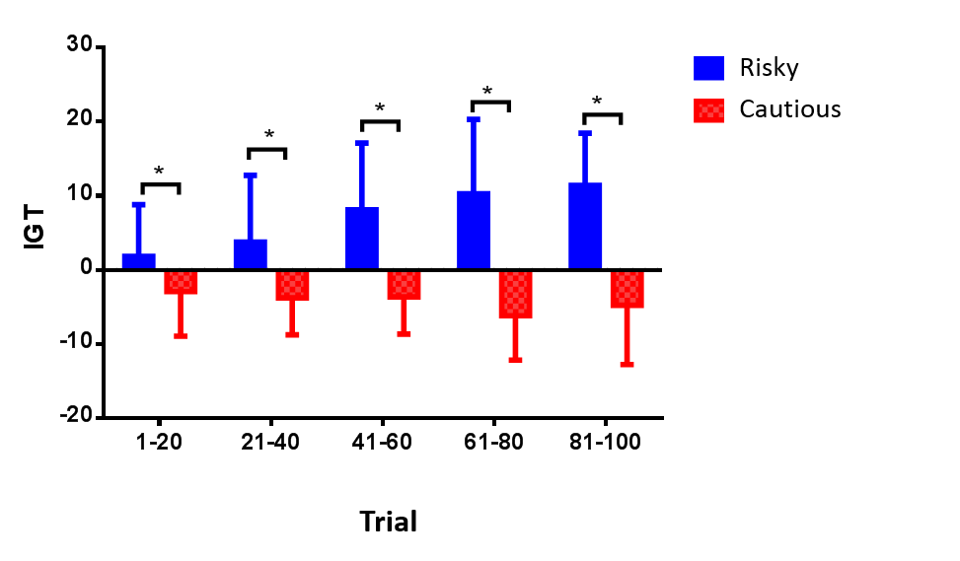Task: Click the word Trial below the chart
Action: [388, 521]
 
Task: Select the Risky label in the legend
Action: [769, 68]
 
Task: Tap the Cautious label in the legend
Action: [789, 108]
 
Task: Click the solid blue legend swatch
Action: [708, 68]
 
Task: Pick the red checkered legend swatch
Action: [708, 110]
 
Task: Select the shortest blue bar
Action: [138, 260]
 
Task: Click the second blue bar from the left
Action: [250, 252]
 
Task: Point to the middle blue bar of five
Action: [361, 237]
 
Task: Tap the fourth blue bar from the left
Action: [474, 229]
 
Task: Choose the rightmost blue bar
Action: [585, 225]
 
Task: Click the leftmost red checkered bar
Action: [181, 283]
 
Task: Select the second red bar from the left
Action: [292, 286]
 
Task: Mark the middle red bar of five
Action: [404, 285]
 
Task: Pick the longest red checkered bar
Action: [515, 295]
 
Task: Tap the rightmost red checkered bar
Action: [627, 290]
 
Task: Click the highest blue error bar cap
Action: [474, 119]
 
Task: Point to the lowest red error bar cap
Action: [627, 365]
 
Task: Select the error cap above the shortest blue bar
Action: [138, 204]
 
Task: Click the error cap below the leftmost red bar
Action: [181, 336]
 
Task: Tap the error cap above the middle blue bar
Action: [361, 143]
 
